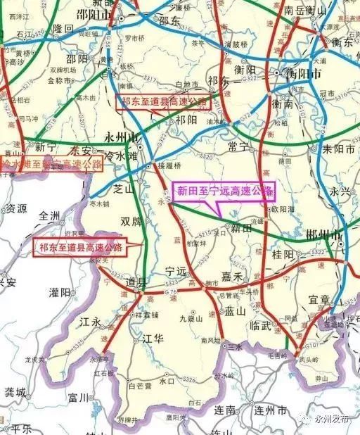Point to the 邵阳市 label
coord(95,14)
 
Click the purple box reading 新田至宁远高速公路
coord(224,190)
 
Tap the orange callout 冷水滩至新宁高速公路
coord(51,165)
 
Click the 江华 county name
coord(153,339)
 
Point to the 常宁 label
coord(240,146)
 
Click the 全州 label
coord(51,215)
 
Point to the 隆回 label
coord(63,28)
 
